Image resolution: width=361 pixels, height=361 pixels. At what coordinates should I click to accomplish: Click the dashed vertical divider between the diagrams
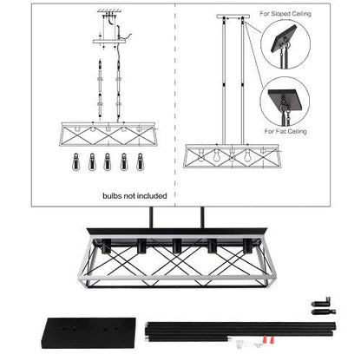click(x=177, y=95)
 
